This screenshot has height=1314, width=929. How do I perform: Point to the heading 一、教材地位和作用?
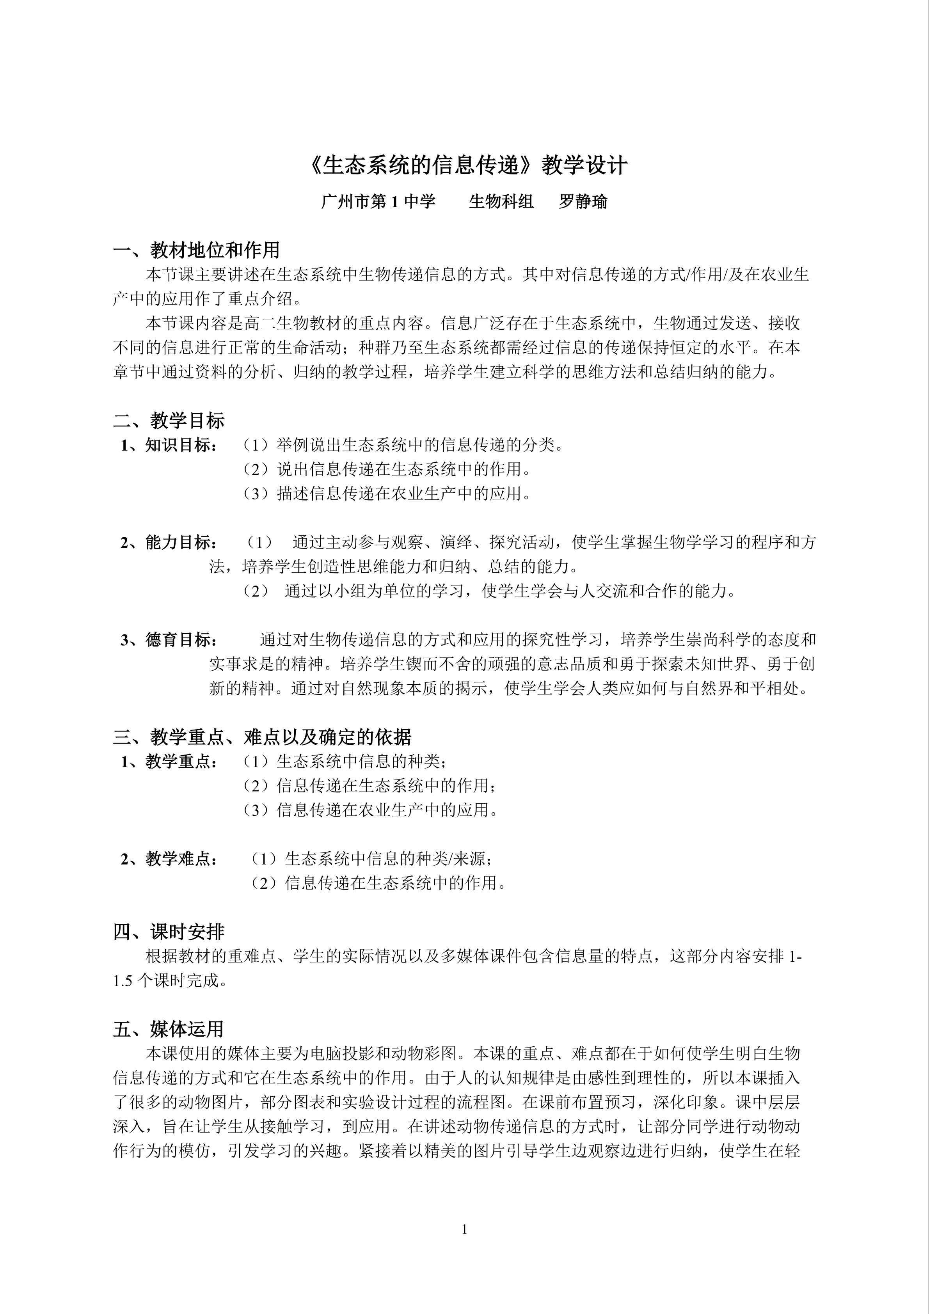pos(196,250)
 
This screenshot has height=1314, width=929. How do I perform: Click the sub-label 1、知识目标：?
pos(169,445)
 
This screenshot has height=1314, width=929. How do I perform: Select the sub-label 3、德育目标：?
pos(169,640)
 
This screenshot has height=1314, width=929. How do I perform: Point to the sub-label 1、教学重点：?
pos(169,762)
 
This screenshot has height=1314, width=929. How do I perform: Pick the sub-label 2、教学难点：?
pos(169,859)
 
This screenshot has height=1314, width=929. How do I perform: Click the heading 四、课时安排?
pos(169,932)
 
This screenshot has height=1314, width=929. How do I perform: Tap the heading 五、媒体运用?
pos(169,1029)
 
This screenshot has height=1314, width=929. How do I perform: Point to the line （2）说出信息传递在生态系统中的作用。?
pos(387,469)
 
